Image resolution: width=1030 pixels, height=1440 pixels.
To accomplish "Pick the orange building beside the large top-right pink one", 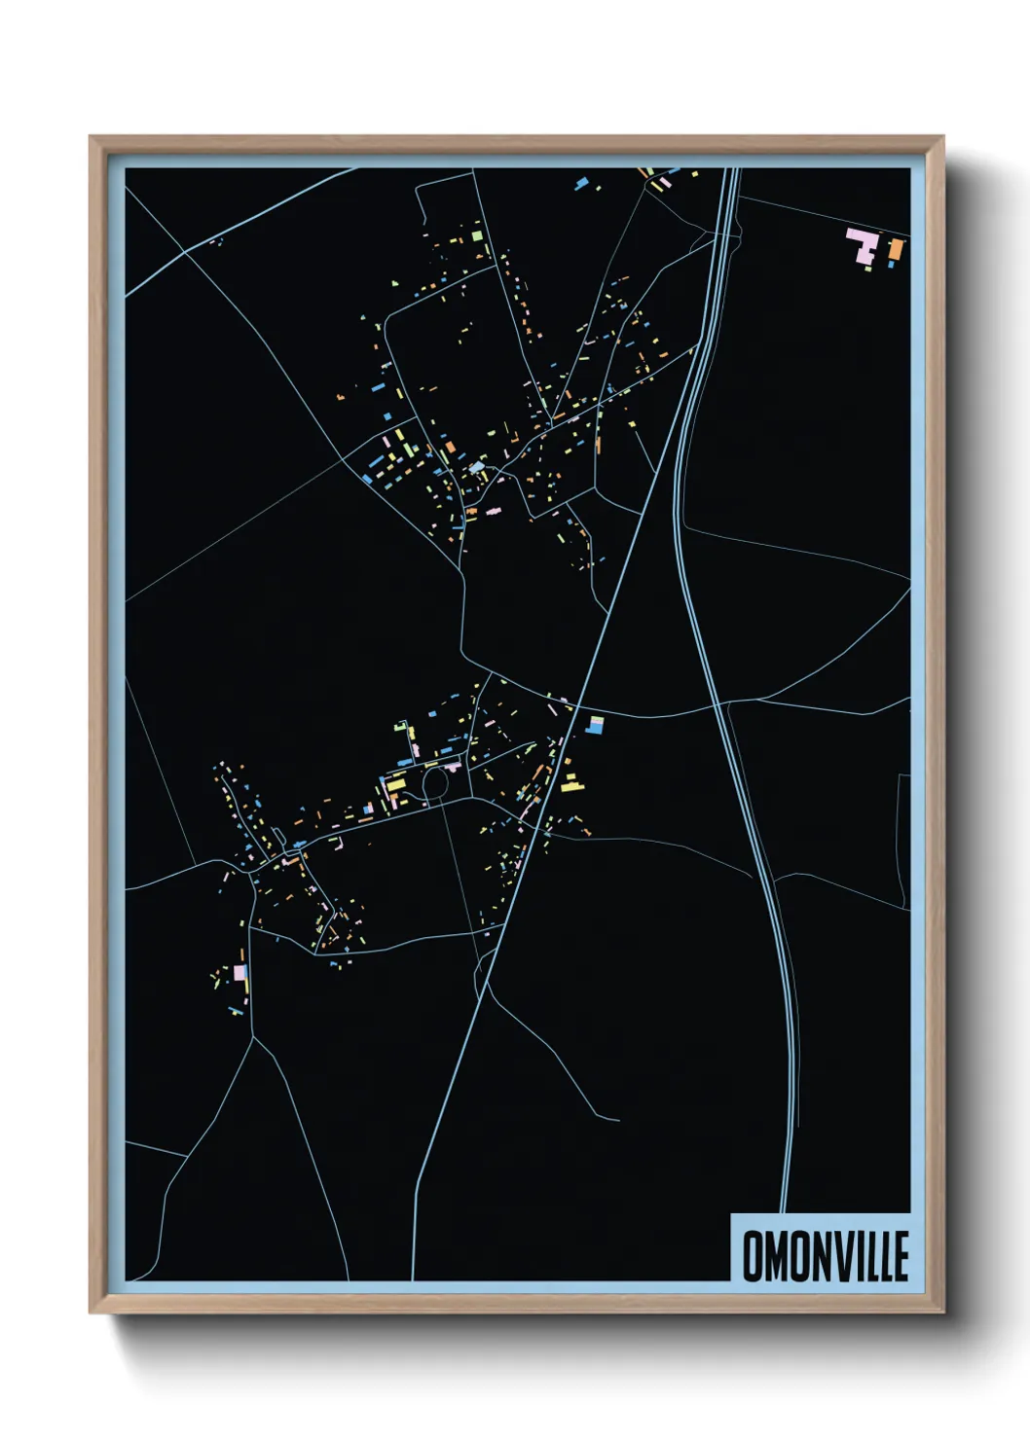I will pyautogui.click(x=896, y=250).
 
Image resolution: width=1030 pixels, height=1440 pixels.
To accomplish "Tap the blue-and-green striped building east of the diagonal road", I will pyautogui.click(x=595, y=725).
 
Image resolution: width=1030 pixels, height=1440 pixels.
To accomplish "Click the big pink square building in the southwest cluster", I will pyautogui.click(x=239, y=971).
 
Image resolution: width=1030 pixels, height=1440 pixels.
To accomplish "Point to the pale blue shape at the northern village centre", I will pyautogui.click(x=477, y=469).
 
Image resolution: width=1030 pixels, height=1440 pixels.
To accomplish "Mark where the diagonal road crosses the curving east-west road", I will pyautogui.click(x=576, y=704).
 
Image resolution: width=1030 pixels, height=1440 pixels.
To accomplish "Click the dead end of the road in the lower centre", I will pyautogui.click(x=618, y=1120).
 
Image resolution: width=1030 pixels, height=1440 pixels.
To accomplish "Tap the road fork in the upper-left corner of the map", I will pyautogui.click(x=185, y=253).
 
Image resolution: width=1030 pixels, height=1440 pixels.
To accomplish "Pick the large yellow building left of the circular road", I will pyautogui.click(x=395, y=784).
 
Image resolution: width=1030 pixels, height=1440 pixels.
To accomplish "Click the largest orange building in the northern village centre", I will pyautogui.click(x=449, y=450).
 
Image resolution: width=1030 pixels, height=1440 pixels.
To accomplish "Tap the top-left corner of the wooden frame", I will pyautogui.click(x=92, y=138).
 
